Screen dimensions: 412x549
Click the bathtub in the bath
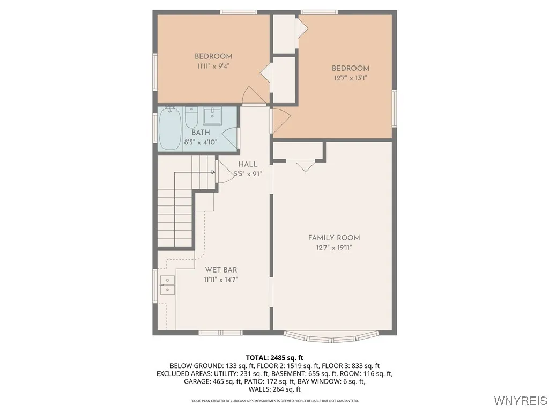pos(170,129)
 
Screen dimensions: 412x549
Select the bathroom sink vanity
pos(213,115)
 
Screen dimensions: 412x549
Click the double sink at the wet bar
pos(167,285)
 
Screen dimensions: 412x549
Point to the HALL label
pos(248,164)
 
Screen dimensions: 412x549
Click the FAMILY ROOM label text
pos(333,238)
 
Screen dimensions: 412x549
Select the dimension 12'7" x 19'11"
pos(333,247)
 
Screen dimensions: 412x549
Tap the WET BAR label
pos(221,270)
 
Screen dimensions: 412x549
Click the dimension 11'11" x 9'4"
pos(213,67)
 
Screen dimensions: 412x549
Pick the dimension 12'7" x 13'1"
pos(350,78)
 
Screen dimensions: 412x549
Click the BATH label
pos(201,133)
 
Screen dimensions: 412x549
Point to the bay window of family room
pos(331,337)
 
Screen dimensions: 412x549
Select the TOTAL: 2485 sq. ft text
pos(274,357)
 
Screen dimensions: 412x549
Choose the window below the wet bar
pos(220,333)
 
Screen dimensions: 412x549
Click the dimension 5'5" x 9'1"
pos(248,174)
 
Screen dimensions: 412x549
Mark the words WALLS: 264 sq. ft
pos(274,389)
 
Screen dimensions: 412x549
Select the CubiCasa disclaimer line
pos(274,401)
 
